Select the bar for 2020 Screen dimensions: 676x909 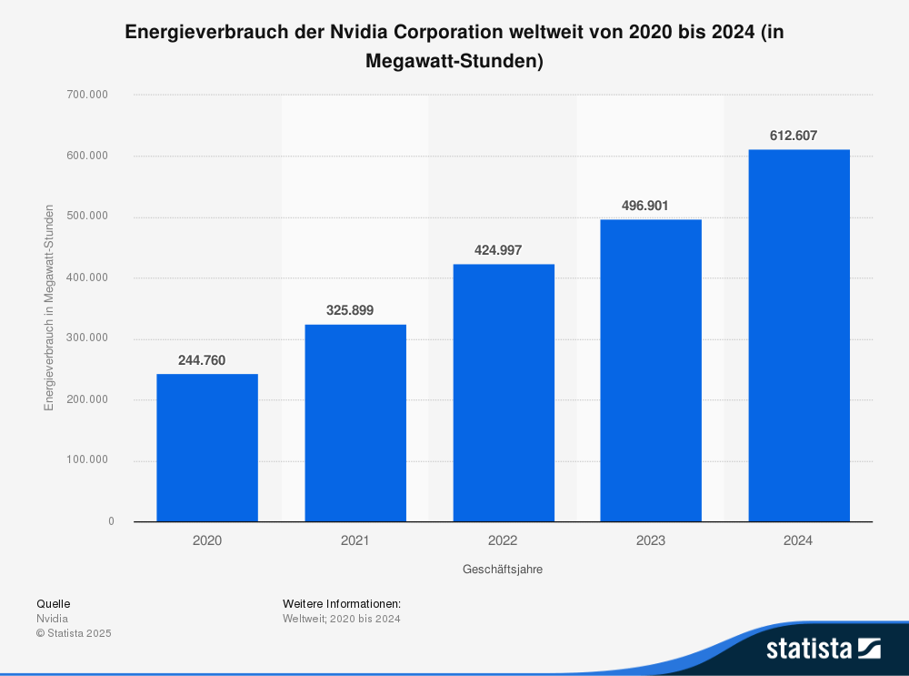[x=207, y=448]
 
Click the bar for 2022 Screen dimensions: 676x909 [x=503, y=392]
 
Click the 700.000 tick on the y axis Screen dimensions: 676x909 [x=88, y=95]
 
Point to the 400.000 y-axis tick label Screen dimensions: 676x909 [x=88, y=277]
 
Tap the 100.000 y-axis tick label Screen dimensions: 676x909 [x=88, y=460]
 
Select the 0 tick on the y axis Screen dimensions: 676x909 [x=111, y=521]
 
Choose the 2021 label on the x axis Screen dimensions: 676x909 [x=355, y=540]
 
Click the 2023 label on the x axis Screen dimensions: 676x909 [x=651, y=540]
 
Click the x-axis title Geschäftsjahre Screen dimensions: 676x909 [x=503, y=570]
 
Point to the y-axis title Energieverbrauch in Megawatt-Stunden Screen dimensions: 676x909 [x=49, y=308]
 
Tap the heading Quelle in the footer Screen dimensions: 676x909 [x=53, y=603]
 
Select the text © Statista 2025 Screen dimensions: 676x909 [x=73, y=633]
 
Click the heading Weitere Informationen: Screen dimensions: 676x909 [x=342, y=603]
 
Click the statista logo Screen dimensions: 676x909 [x=823, y=648]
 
